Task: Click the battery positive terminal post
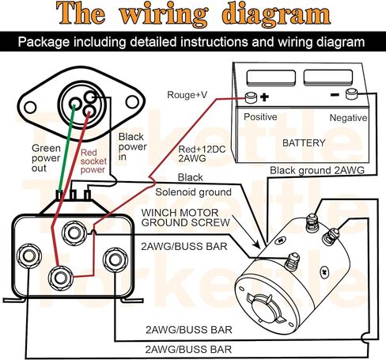pos(251,97)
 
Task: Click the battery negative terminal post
pos(351,94)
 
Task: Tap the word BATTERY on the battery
pos(304,143)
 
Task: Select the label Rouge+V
pos(187,95)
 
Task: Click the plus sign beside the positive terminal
pos(264,97)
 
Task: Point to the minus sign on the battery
pos(335,94)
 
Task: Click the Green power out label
pos(46,158)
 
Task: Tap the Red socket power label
pos(93,161)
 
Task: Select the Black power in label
pos(132,146)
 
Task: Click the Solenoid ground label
pos(193,192)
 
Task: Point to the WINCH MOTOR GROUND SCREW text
pos(185,218)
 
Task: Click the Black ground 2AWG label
pos(317,170)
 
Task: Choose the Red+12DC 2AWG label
pos(202,153)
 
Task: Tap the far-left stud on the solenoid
pos(28,256)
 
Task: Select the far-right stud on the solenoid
pos(115,260)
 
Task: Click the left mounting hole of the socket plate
pos(30,108)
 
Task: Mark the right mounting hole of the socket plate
pos(132,102)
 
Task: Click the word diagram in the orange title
pos(276,15)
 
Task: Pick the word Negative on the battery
pos(348,118)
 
